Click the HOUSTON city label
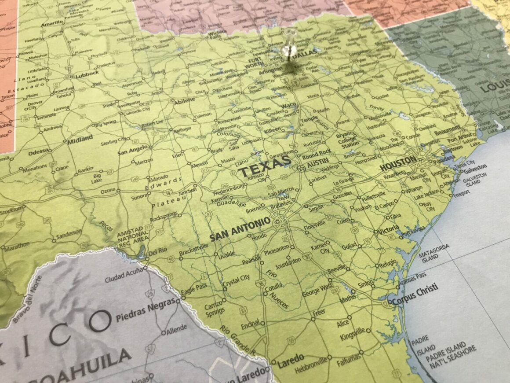pos(397,163)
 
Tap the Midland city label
pos(80,139)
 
